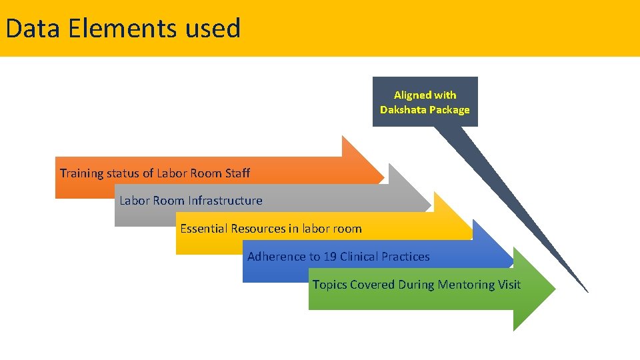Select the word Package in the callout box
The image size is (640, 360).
pos(450,109)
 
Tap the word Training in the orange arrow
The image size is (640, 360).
pos(82,173)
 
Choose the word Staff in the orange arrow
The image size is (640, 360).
pos(237,173)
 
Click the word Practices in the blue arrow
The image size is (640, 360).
pos(405,257)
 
